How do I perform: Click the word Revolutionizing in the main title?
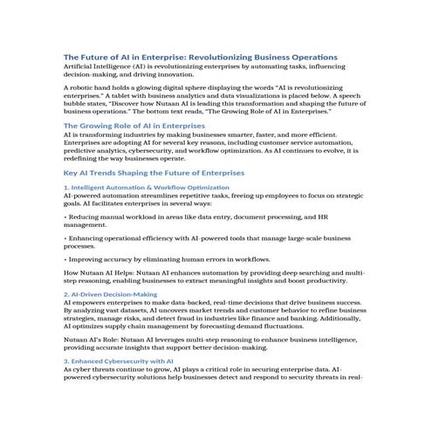(x=229, y=55)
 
